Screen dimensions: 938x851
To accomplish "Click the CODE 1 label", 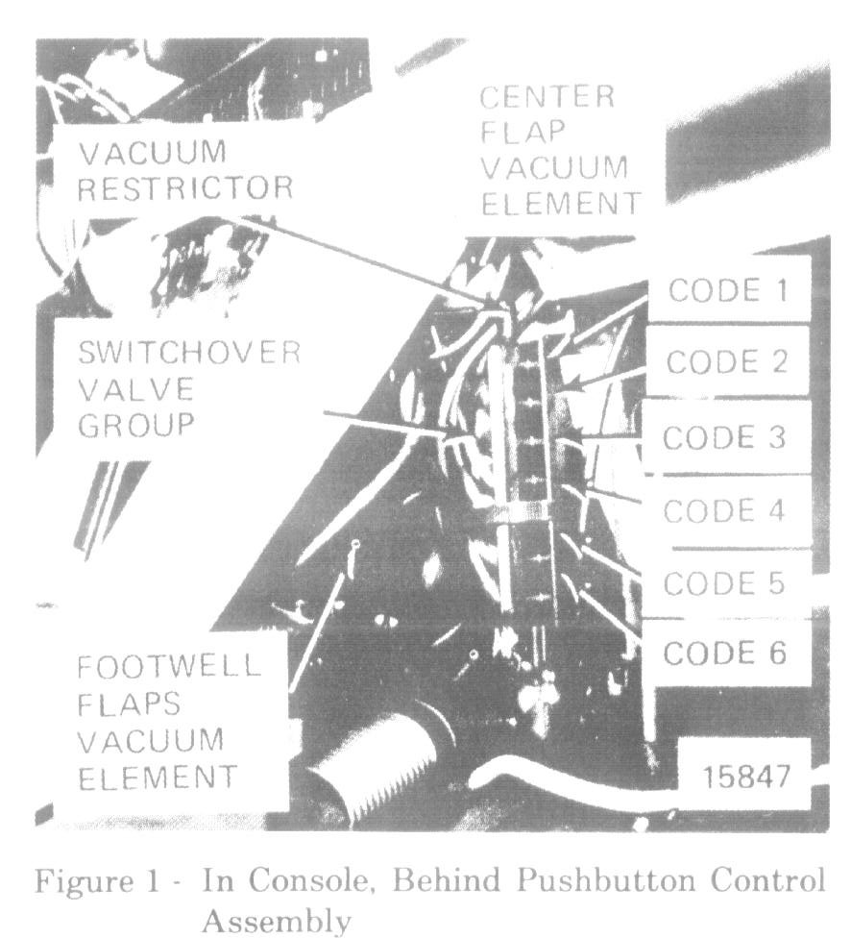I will tap(727, 291).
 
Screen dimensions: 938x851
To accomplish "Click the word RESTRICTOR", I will tap(184, 188).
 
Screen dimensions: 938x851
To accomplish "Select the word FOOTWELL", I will tap(169, 667).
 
